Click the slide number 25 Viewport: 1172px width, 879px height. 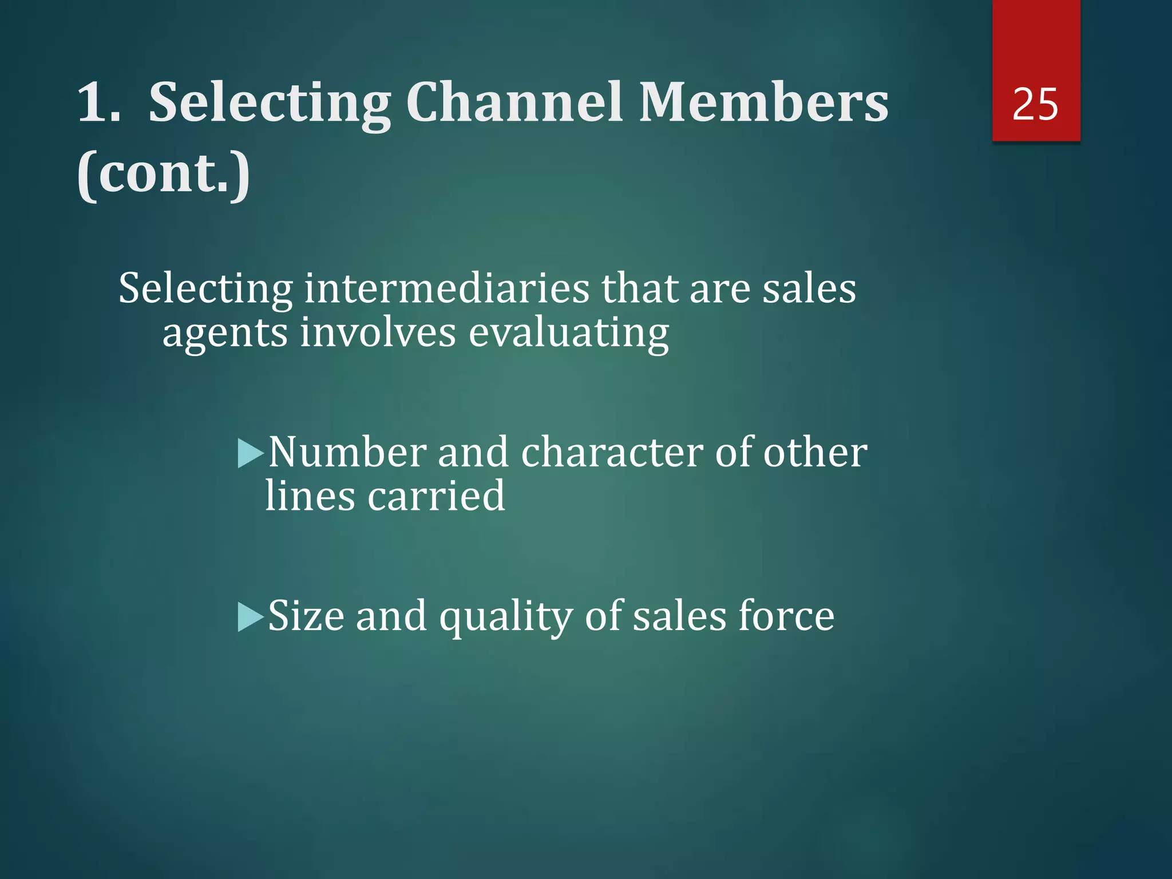pos(1035,105)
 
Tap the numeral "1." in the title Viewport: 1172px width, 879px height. pos(99,102)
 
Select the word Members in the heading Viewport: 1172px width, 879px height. pos(763,102)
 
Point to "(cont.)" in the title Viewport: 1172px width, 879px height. pos(164,173)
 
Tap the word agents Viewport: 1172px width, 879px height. pos(225,334)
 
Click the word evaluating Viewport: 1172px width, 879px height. pos(569,334)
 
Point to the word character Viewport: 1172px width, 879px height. pos(611,453)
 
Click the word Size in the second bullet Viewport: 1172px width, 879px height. pos(306,616)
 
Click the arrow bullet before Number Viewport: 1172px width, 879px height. pos(250,453)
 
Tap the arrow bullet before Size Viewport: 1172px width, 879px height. pos(250,617)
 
